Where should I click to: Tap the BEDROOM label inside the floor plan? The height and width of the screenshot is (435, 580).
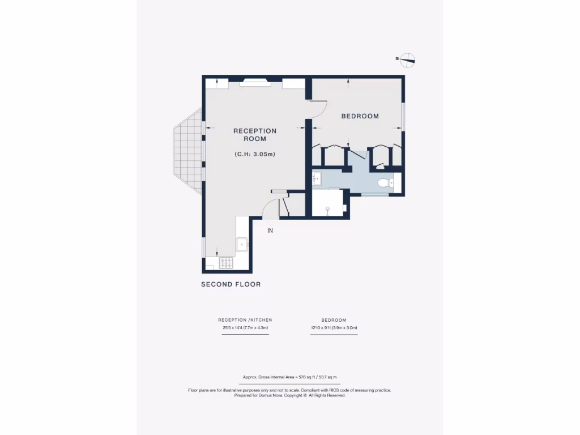pos(360,116)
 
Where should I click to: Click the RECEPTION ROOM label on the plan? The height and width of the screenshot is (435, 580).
pos(255,135)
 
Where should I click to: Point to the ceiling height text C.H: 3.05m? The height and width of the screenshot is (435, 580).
pos(255,154)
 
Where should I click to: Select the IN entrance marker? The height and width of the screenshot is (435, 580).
pos(270,231)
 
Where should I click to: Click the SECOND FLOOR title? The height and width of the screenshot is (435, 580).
pos(231,284)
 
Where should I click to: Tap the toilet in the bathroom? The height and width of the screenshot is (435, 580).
pos(385,183)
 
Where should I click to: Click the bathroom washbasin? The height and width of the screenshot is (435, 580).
pos(316,179)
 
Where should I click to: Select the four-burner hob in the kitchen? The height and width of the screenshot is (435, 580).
pos(227,263)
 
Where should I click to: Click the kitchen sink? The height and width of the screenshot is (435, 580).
pos(242,244)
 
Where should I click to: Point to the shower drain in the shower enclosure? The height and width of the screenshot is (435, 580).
pos(327,209)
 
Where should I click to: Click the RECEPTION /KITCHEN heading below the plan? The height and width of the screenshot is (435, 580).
pos(245,320)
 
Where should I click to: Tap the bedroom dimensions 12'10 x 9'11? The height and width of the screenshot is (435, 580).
pos(334,328)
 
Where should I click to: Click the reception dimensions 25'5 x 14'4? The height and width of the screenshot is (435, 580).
pos(245,328)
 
